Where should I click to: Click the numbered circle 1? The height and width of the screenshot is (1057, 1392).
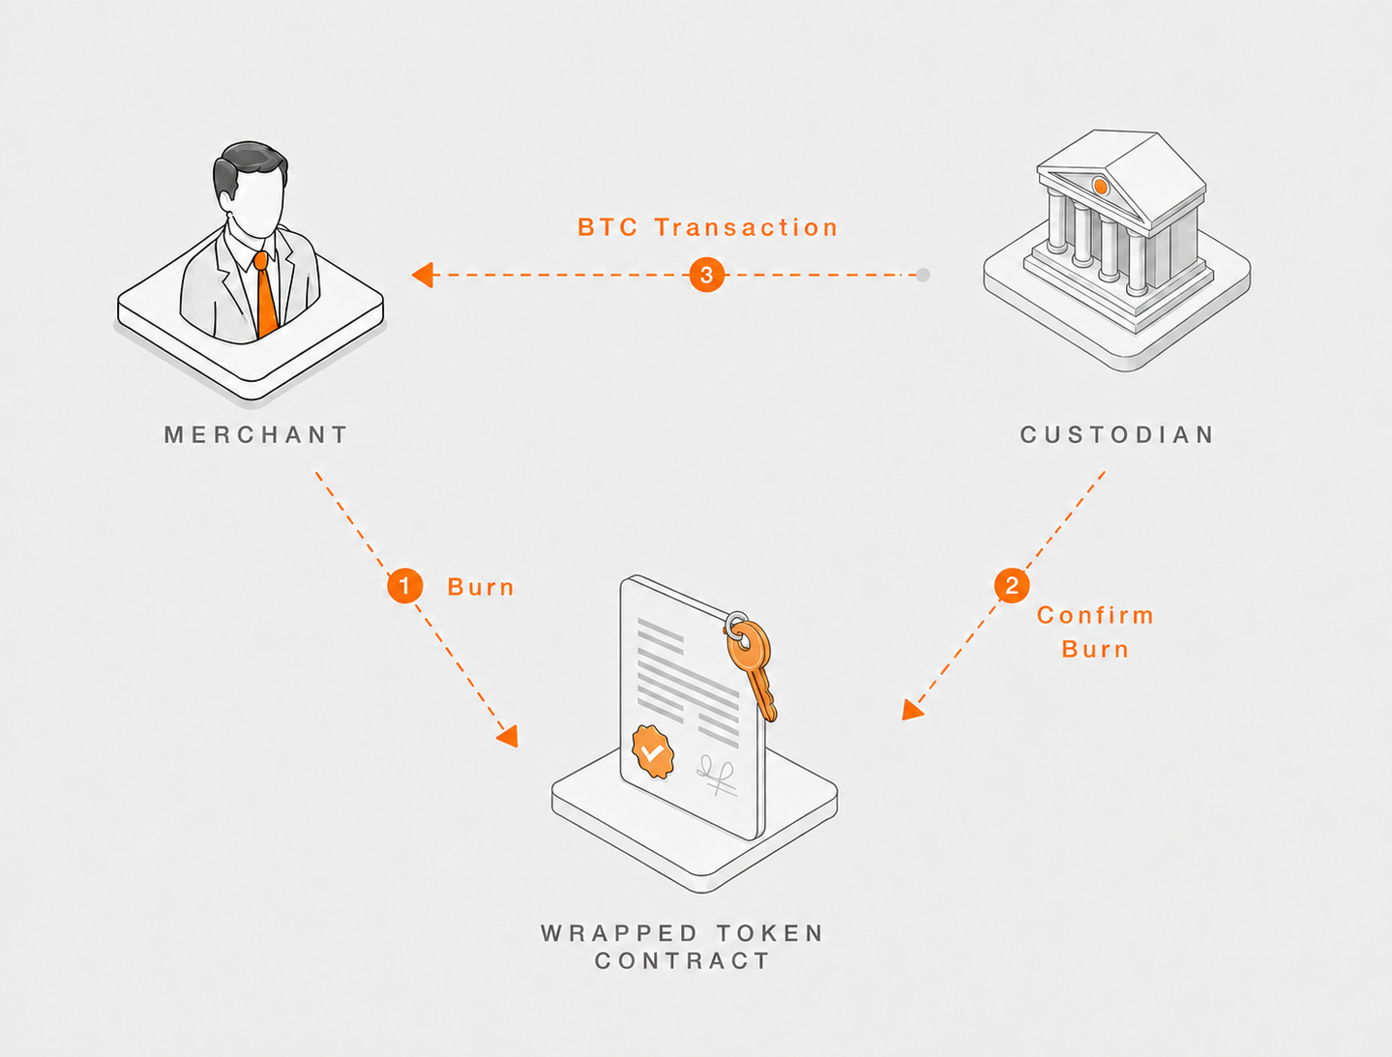click(405, 585)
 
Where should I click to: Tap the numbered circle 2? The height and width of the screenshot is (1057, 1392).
click(1012, 585)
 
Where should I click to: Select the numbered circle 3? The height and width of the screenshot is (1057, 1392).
click(706, 275)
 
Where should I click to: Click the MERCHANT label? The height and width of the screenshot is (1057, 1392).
click(256, 435)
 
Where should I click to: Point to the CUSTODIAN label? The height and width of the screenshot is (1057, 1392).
click(1117, 435)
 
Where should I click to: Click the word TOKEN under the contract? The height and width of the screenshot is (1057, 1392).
click(771, 933)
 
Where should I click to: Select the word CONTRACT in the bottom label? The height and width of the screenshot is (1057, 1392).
click(682, 960)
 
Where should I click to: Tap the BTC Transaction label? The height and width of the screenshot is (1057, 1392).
click(708, 227)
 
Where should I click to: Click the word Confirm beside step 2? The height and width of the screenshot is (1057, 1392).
click(1095, 615)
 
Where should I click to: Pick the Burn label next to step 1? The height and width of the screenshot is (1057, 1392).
click(481, 587)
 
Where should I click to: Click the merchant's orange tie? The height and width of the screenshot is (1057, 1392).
click(266, 295)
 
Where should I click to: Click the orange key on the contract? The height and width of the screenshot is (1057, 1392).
click(753, 665)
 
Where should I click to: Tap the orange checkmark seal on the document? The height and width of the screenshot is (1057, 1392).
click(653, 752)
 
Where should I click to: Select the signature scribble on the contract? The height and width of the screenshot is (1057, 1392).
click(717, 775)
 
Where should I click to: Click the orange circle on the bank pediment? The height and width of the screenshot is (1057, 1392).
click(1101, 186)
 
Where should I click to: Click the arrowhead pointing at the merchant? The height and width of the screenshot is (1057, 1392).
click(423, 275)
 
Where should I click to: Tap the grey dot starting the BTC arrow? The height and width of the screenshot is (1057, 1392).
click(924, 275)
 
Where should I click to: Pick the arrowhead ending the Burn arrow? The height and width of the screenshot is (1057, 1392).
click(508, 736)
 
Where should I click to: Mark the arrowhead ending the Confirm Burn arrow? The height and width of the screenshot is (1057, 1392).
click(911, 710)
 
